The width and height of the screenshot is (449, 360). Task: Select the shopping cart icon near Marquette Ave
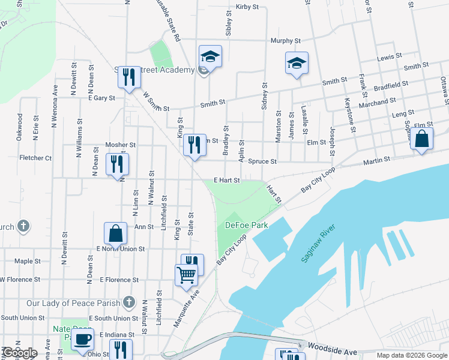tap(186, 275)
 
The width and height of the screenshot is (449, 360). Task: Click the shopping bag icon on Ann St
tap(115, 234)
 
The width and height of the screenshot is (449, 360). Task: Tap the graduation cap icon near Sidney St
tap(297, 63)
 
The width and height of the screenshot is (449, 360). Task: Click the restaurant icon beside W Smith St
tap(129, 77)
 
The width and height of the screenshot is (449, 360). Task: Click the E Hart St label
tap(227, 180)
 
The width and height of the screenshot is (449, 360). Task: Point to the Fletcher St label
tap(35, 158)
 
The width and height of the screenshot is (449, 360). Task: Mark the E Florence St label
tap(119, 280)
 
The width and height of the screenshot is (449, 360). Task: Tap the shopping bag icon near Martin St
tap(421, 139)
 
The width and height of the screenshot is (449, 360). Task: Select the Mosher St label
tap(121, 145)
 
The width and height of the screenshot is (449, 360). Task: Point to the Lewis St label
tap(389, 57)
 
